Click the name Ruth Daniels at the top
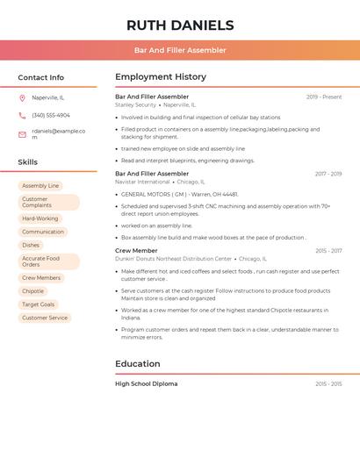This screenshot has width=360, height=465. click(180, 25)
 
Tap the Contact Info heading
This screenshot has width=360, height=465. click(40, 77)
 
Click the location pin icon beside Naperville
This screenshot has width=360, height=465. click(22, 97)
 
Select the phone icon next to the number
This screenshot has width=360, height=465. click(22, 115)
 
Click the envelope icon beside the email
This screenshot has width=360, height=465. click(22, 134)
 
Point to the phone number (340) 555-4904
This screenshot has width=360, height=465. click(51, 115)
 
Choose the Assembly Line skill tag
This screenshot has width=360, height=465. click(40, 186)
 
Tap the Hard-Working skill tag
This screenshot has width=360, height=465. click(40, 218)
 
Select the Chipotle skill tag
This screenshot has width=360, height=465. click(32, 291)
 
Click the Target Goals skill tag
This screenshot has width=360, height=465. click(38, 304)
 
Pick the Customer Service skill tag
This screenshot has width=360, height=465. click(45, 318)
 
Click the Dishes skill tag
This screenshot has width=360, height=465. click(31, 245)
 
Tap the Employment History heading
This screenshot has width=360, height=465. click(161, 76)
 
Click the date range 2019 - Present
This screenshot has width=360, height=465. click(324, 97)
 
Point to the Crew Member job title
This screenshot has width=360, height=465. click(136, 251)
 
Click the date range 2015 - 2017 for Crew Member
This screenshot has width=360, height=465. click(328, 251)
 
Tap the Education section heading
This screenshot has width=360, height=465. click(138, 363)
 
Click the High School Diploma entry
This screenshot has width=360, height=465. click(146, 383)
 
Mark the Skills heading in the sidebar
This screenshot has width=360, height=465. click(27, 161)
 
